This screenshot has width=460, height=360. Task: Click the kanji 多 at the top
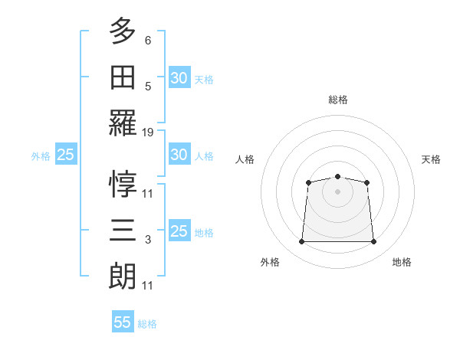tap(123, 31)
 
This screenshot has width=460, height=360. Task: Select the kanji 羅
tap(123, 123)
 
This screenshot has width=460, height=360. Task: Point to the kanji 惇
tap(123, 184)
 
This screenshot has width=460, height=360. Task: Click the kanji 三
tap(123, 230)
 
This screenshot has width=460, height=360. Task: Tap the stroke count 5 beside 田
tap(148, 87)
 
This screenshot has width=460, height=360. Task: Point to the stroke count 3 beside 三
tap(148, 240)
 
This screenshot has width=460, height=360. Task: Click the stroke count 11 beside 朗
tap(148, 286)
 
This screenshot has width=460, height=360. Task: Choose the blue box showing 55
tap(123, 322)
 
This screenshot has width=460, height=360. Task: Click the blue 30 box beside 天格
tap(179, 78)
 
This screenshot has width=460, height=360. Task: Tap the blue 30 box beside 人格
tap(179, 155)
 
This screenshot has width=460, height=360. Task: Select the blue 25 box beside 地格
tap(179, 231)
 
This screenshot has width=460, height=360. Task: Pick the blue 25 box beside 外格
tap(65, 155)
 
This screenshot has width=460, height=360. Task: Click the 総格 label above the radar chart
tap(337, 100)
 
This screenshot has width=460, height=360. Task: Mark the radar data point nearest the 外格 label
tap(301, 242)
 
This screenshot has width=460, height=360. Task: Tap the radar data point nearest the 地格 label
tap(374, 242)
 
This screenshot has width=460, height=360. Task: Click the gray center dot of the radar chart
tap(337, 191)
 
